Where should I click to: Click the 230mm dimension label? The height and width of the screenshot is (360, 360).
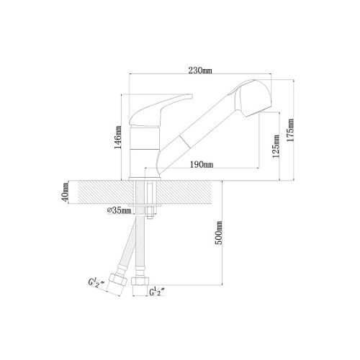200,71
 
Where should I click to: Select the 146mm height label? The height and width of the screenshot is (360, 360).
118,137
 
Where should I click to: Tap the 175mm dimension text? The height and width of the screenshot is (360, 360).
290,130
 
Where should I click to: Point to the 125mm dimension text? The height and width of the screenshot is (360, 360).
276,146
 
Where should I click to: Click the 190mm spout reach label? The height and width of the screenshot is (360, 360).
202,165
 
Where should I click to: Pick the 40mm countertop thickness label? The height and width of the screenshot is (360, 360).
65,192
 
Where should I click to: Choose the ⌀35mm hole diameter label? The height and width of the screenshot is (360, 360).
120,210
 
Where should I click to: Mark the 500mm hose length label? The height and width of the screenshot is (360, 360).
219,233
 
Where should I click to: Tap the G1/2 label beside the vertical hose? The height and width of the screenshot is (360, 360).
157,292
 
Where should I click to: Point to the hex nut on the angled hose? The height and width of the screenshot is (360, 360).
117,279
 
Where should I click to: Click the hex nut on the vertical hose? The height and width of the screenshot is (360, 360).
140,282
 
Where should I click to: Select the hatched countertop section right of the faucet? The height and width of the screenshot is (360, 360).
184,192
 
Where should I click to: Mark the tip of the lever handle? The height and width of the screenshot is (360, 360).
192,96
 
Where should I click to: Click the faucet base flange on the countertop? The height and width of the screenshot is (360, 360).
145,179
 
